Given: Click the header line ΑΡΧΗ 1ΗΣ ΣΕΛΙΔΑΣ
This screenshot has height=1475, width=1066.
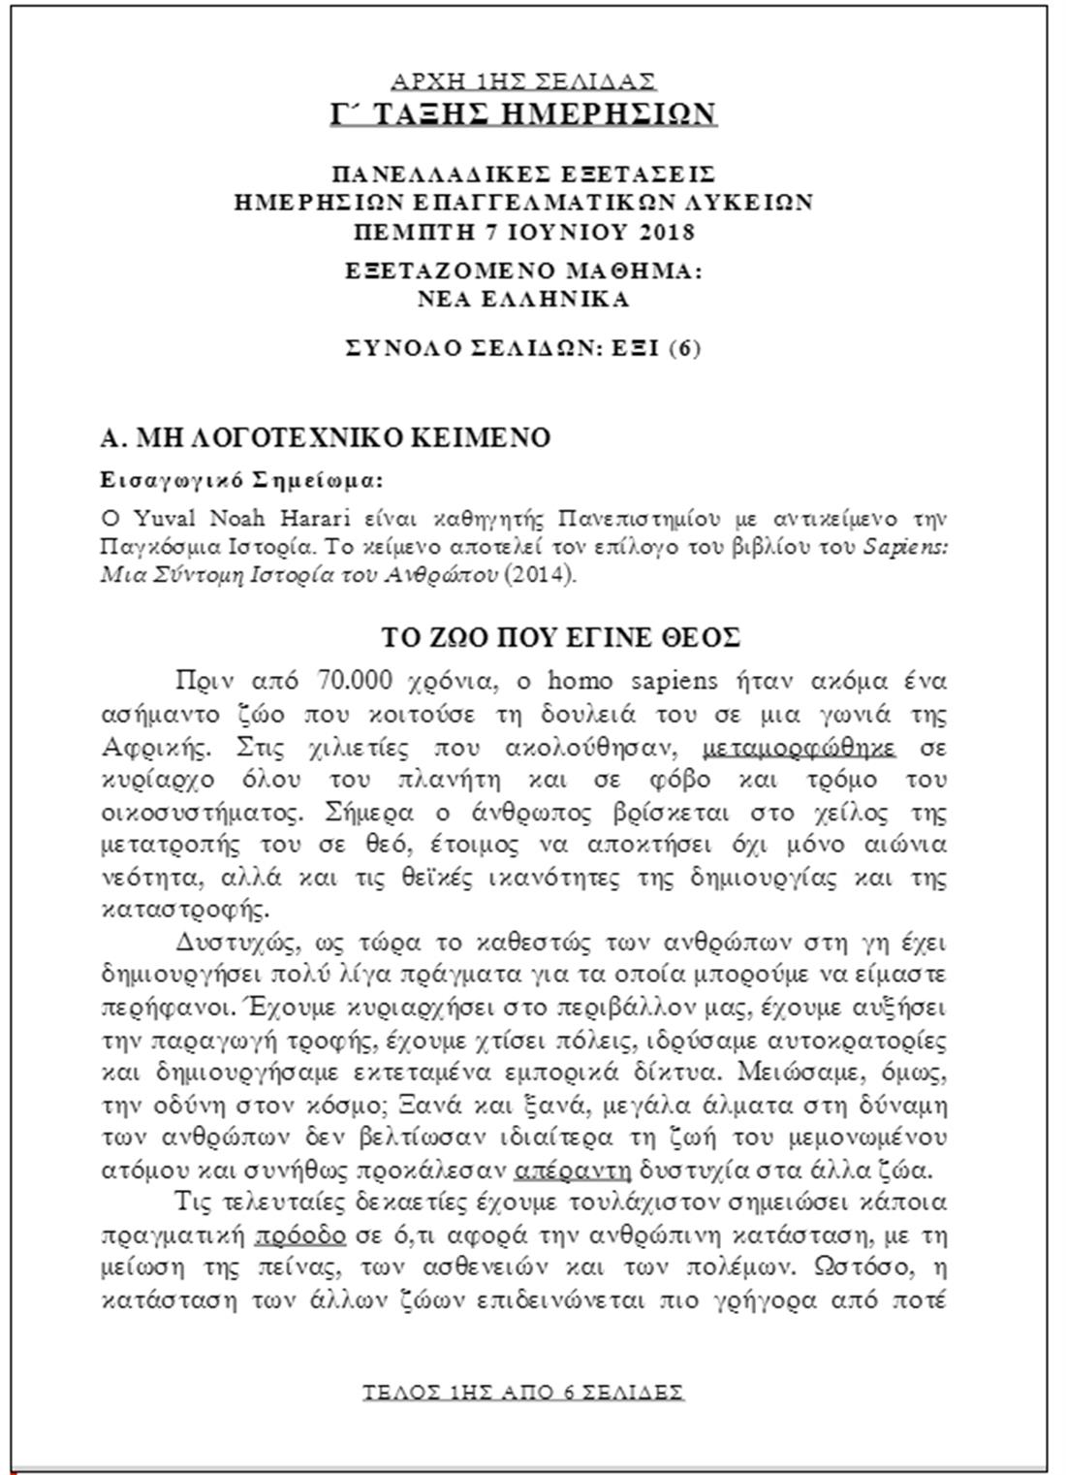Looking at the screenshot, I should coord(523,80).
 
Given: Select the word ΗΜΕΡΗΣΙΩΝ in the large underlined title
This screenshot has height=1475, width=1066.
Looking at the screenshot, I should coord(602,113).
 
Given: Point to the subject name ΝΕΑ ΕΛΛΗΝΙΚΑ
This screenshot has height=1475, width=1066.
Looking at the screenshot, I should coord(523,299).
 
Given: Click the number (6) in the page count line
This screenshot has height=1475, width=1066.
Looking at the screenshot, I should coord(684,348).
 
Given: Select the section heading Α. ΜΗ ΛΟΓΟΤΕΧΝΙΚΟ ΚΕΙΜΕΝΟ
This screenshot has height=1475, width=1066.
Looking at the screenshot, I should coord(326,438).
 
